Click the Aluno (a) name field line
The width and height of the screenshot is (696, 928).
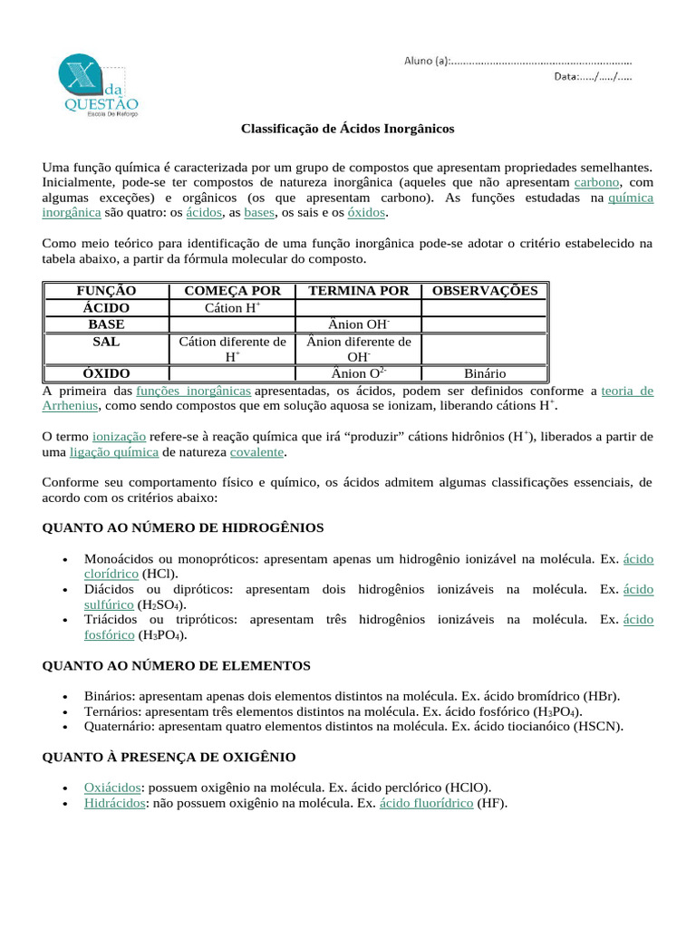pos(540,61)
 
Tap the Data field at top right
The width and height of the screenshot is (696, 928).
pos(593,76)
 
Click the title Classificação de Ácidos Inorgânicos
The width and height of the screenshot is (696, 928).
pos(347,129)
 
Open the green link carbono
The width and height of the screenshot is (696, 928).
pos(596,182)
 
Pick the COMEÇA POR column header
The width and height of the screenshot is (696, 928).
pos(232,291)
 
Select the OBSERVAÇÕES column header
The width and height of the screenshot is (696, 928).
pos(485,291)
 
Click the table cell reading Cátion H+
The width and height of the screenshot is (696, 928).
pos(232,308)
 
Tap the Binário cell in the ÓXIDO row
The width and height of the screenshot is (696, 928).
pos(485,373)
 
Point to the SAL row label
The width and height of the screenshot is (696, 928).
pos(106,342)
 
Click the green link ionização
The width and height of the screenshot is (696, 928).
pos(119,436)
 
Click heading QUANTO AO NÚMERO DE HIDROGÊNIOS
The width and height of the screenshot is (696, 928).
pos(183,527)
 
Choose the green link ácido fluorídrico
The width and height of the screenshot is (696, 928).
pos(426,803)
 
